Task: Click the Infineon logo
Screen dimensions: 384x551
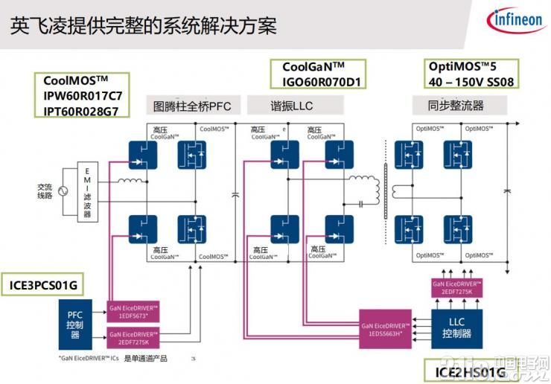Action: click(x=515, y=20)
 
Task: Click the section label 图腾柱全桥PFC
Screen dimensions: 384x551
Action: click(x=191, y=106)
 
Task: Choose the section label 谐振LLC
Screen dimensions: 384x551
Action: click(x=291, y=106)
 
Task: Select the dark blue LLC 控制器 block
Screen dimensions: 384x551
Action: click(x=456, y=324)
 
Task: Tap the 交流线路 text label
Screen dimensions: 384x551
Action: click(x=35, y=191)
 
